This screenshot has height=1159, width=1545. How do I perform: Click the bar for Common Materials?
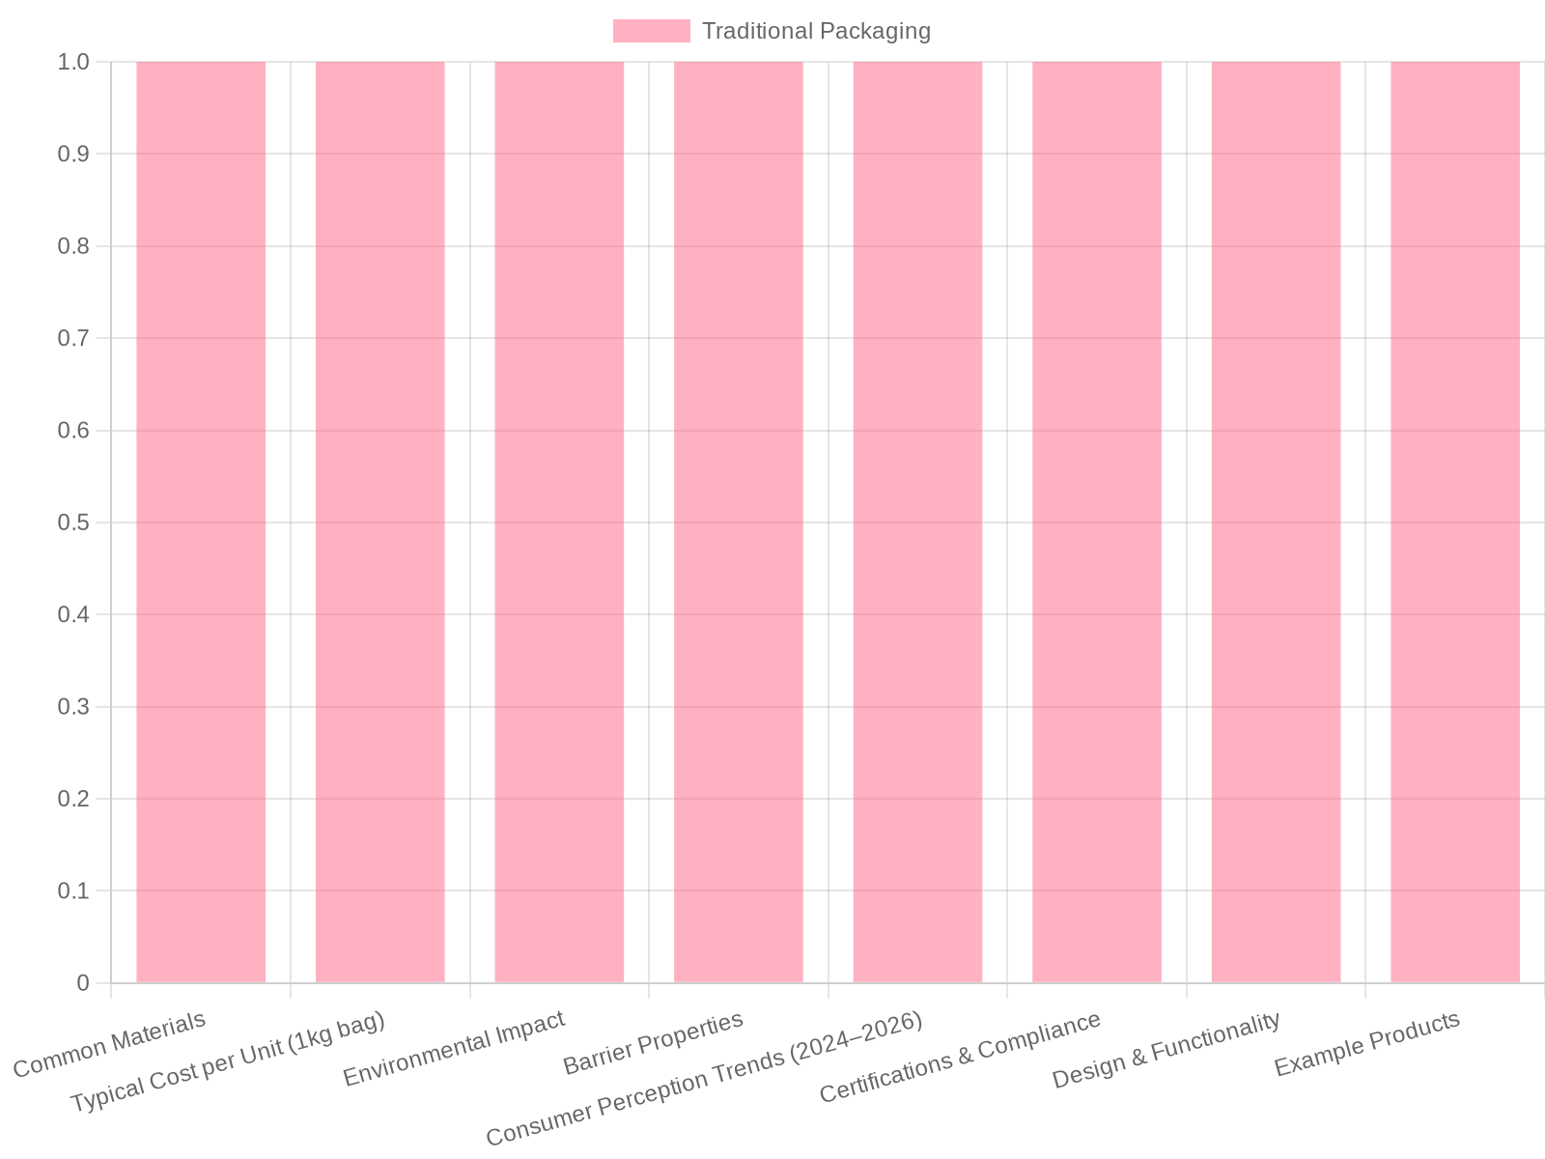tap(201, 523)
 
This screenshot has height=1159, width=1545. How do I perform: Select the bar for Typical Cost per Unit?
tap(380, 523)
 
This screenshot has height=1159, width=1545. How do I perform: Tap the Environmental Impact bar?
tap(559, 523)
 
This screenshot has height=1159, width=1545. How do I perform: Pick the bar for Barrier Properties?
tap(739, 523)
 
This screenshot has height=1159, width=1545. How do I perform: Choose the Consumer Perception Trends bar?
tap(917, 523)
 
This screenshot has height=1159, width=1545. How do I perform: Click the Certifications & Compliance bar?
tap(1097, 523)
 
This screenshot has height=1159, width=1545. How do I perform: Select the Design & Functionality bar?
tap(1276, 523)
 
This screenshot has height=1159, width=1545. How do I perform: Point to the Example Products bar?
tap(1455, 523)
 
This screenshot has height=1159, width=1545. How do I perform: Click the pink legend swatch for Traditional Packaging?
tap(651, 31)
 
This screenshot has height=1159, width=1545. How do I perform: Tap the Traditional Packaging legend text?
tap(816, 31)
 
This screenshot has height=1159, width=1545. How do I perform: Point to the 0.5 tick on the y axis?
tap(73, 523)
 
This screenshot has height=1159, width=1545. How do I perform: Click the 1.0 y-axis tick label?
tap(73, 62)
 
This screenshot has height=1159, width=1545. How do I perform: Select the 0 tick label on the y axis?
tap(83, 983)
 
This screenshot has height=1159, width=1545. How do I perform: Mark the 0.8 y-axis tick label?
tap(73, 246)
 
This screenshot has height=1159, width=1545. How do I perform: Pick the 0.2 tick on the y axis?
tap(73, 799)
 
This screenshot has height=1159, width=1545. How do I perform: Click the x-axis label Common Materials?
tap(109, 1045)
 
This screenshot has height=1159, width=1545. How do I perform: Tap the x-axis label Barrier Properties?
tap(653, 1043)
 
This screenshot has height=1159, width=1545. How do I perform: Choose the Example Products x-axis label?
tap(1367, 1044)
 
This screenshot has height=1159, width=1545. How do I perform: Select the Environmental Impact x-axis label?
tap(453, 1049)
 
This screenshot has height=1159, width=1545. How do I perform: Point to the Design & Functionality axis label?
tap(1166, 1050)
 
